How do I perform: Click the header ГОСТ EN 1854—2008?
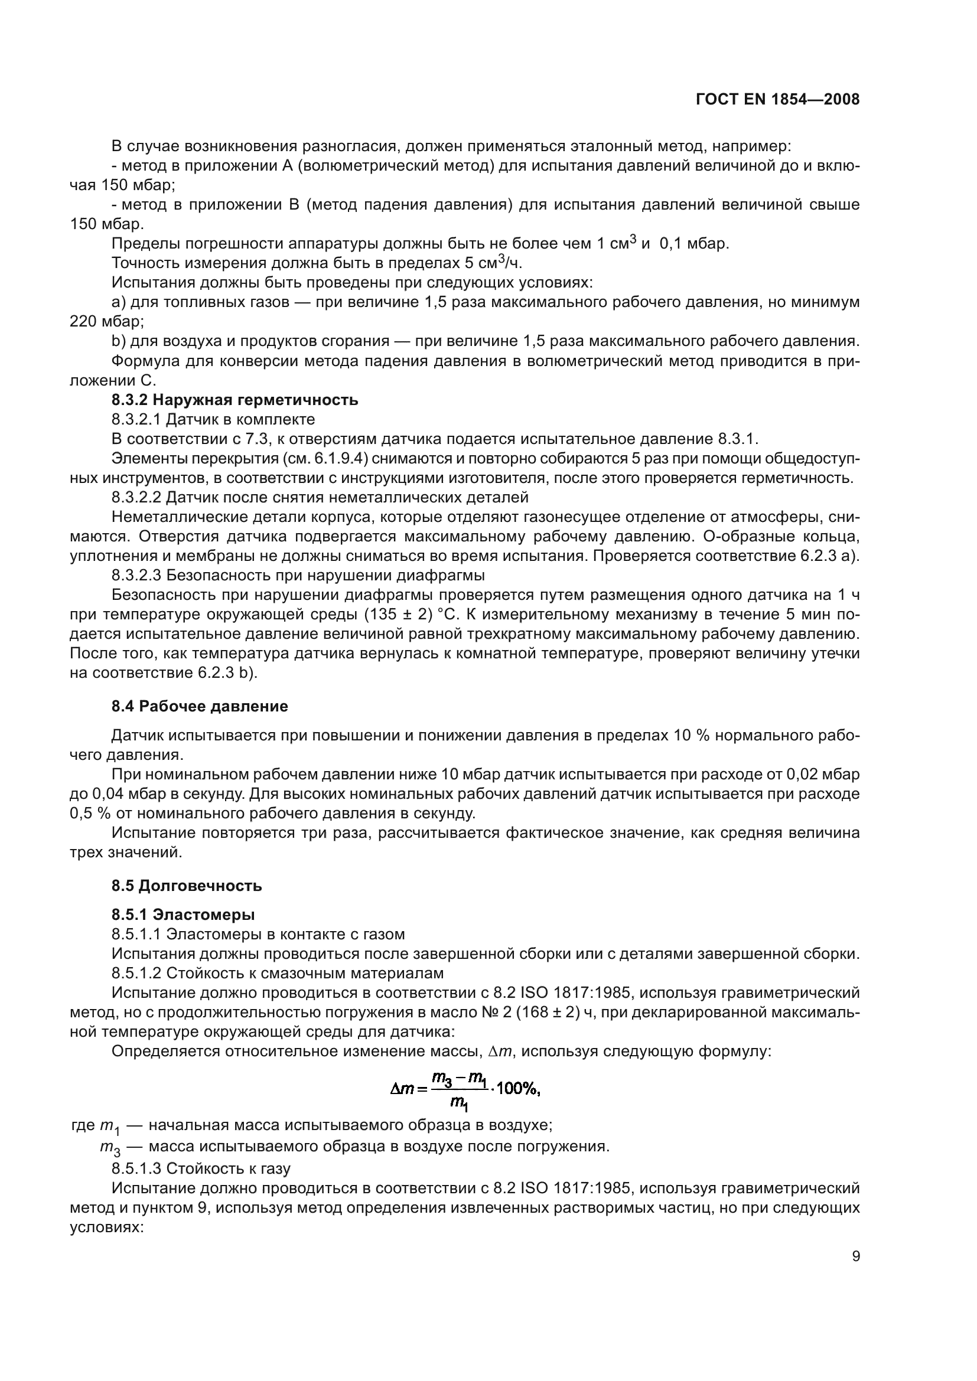(x=777, y=99)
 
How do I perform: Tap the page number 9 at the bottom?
(x=855, y=1256)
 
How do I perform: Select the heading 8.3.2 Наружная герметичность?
(x=235, y=399)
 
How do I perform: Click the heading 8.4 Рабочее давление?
(x=199, y=706)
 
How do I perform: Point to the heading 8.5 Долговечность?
(x=187, y=886)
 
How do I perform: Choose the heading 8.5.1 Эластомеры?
(x=183, y=914)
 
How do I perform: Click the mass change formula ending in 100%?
(x=465, y=1089)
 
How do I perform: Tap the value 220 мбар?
(x=106, y=322)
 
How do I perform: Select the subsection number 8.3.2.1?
(x=136, y=419)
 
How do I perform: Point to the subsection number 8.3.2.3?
(x=136, y=576)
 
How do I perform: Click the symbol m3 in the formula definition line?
(x=110, y=1148)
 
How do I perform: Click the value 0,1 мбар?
(x=694, y=244)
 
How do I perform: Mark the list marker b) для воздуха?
(x=118, y=341)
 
